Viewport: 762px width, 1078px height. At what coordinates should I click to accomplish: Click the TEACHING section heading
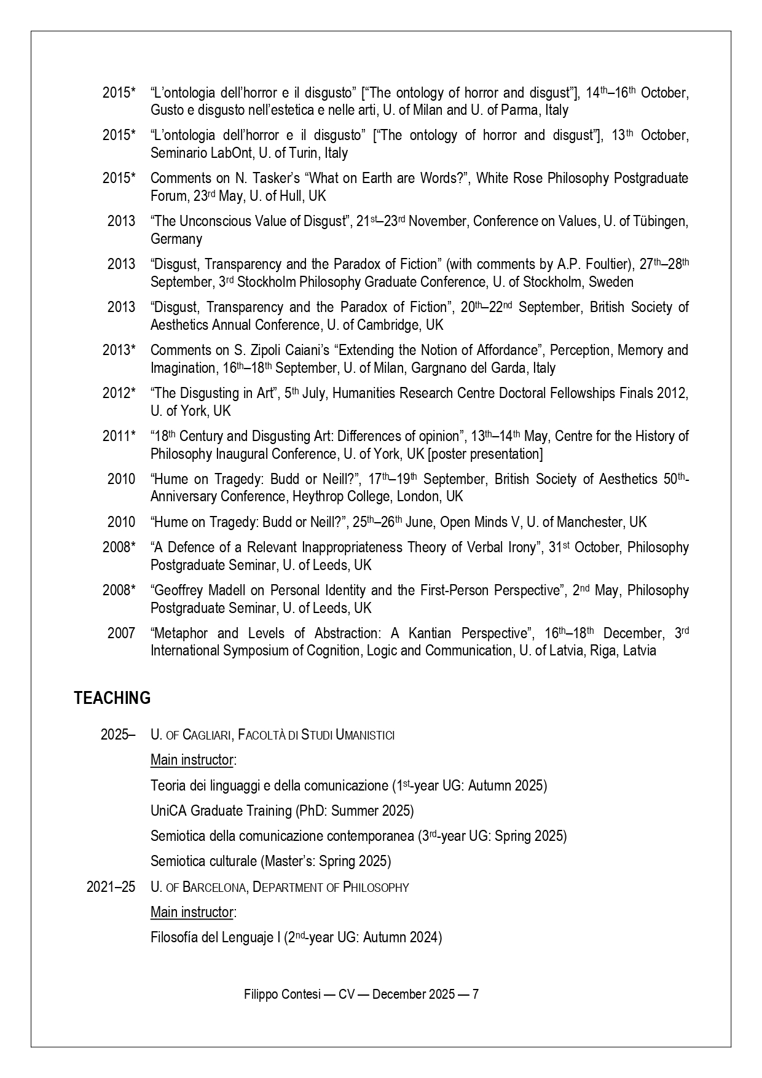112,698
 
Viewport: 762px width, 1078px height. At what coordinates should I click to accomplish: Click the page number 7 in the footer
475,994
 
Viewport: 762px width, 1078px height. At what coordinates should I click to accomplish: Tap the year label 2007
121,633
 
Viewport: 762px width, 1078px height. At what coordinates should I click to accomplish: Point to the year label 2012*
119,393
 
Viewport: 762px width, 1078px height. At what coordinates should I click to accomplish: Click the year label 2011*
119,436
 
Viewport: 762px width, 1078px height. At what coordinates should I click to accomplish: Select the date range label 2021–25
111,887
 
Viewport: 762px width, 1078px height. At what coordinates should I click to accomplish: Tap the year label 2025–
118,735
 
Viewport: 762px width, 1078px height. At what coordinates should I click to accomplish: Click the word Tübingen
660,221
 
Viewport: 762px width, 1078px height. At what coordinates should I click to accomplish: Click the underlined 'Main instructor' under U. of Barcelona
192,912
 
